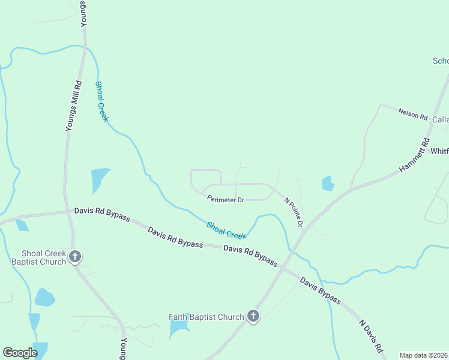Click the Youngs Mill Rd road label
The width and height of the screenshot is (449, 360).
pyautogui.click(x=73, y=106)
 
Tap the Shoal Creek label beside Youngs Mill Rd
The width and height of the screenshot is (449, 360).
pyautogui.click(x=102, y=101)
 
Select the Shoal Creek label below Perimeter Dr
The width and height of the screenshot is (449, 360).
pyautogui.click(x=226, y=230)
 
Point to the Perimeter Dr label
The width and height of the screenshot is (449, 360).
pyautogui.click(x=225, y=199)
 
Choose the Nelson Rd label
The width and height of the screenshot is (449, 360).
pyautogui.click(x=412, y=113)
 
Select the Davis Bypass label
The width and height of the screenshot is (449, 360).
pyautogui.click(x=320, y=291)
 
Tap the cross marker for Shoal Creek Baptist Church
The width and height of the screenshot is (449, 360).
pyautogui.click(x=75, y=257)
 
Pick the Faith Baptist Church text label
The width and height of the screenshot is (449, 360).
pyautogui.click(x=206, y=317)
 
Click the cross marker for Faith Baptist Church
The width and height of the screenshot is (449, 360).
pyautogui.click(x=253, y=316)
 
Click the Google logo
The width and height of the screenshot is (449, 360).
pyautogui.click(x=20, y=353)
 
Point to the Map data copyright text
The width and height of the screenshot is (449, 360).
pyautogui.click(x=424, y=355)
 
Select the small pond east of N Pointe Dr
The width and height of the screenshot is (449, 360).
pyautogui.click(x=328, y=182)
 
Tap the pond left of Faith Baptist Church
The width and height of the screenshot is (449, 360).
pyautogui.click(x=178, y=328)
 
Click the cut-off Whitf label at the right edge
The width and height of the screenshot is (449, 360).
pyautogui.click(x=439, y=151)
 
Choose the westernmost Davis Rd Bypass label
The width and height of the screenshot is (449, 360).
pyautogui.click(x=102, y=214)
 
